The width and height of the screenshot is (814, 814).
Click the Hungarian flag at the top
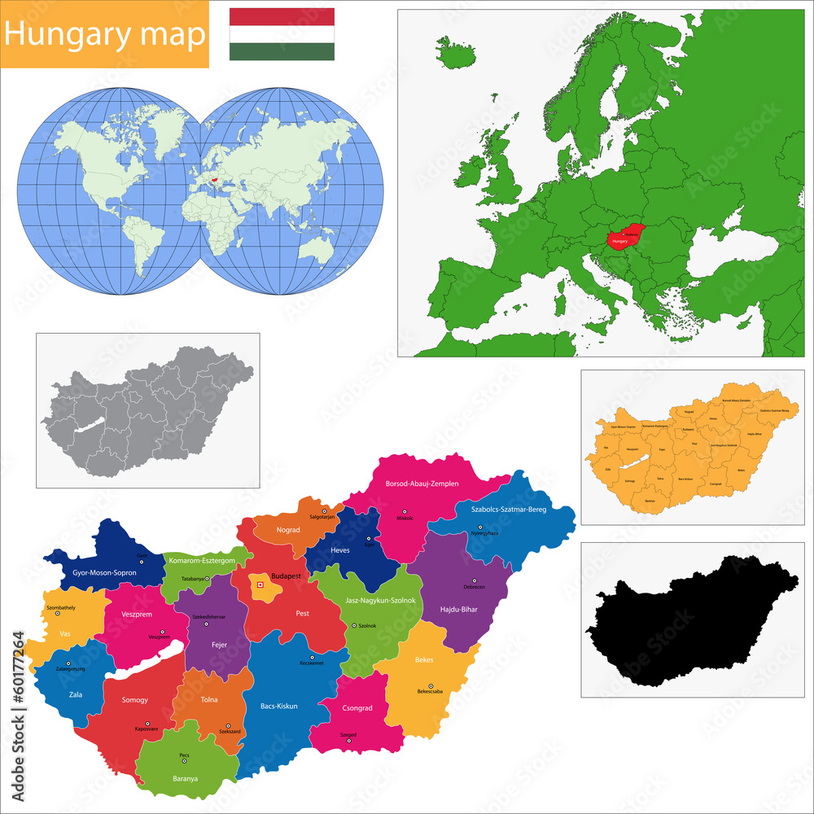[x=282, y=34]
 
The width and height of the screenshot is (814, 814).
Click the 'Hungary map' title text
[x=104, y=34]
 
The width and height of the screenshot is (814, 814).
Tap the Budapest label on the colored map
[x=287, y=575]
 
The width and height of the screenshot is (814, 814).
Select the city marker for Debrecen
[x=475, y=580]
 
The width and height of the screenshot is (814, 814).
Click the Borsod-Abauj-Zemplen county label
[x=422, y=484]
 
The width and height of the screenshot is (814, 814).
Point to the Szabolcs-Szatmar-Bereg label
[x=509, y=510]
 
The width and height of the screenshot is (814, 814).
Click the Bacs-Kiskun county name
[x=278, y=706]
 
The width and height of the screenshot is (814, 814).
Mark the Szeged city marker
[x=348, y=741]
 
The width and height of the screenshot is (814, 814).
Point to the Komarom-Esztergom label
[x=202, y=561]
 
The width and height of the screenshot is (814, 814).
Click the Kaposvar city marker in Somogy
[x=147, y=724]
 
